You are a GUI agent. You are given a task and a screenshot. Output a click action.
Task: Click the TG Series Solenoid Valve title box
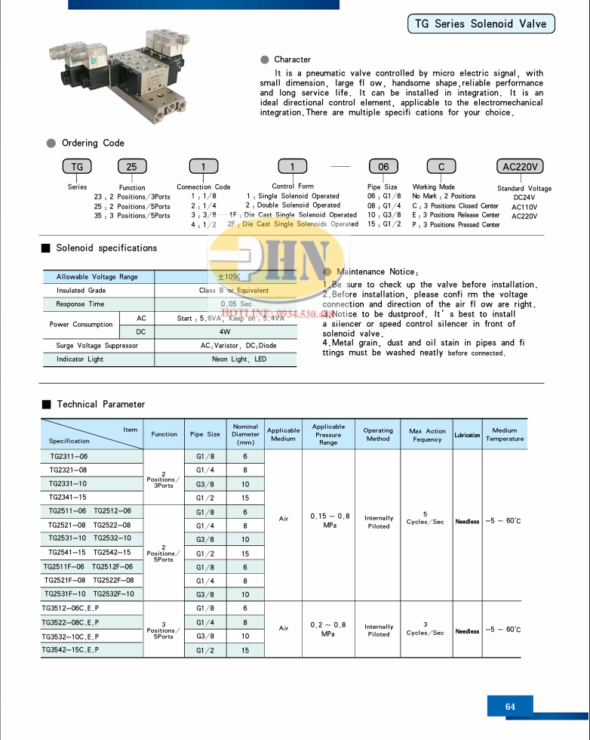click(x=481, y=24)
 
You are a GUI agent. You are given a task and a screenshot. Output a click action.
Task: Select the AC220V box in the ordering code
click(x=524, y=167)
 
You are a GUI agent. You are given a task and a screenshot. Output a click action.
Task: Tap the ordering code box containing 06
click(x=383, y=167)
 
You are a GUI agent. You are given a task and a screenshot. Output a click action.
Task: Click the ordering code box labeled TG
click(x=76, y=167)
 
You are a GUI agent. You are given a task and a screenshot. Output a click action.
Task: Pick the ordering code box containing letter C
click(x=441, y=167)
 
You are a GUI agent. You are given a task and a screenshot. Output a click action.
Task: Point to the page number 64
click(x=510, y=707)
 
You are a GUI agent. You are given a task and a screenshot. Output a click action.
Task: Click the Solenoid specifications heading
click(x=106, y=248)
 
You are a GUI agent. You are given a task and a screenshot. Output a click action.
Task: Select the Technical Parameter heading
click(x=100, y=405)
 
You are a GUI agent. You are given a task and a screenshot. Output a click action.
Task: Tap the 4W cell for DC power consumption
click(x=225, y=331)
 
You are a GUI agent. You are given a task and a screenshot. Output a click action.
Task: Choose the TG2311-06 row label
click(x=69, y=457)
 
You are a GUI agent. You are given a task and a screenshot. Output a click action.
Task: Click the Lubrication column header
click(x=467, y=435)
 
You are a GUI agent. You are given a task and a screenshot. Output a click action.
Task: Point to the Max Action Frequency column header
click(x=427, y=435)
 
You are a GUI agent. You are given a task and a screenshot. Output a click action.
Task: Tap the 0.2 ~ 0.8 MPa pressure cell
click(x=328, y=629)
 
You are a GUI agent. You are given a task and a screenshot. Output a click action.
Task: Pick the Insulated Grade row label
click(x=81, y=291)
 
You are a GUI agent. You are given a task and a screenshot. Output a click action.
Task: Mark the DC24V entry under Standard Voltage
click(x=524, y=198)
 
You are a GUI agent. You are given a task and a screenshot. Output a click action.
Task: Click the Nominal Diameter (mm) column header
click(x=245, y=435)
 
